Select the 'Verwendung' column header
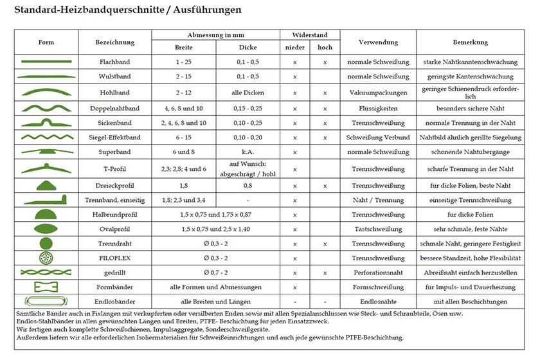378,42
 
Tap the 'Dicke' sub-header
248,48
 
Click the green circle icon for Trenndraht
46,243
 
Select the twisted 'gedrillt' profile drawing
46,273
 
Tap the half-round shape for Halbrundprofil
46,213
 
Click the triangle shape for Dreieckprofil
45,184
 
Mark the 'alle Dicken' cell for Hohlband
248,93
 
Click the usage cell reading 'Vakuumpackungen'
378,93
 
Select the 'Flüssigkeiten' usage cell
378,108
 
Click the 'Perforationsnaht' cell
378,273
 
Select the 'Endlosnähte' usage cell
378,301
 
